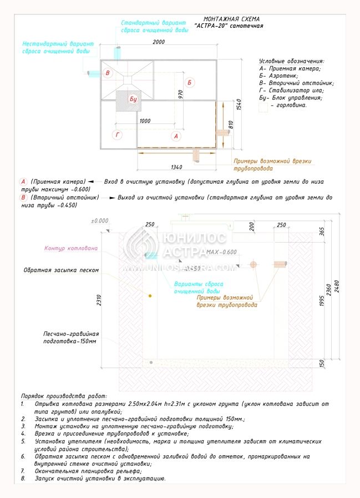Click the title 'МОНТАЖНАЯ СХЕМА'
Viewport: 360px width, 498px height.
(x=231, y=19)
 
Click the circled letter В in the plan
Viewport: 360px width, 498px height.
(x=109, y=73)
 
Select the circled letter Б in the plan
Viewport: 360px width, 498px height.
(x=190, y=83)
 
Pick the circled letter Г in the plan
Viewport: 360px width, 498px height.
(x=117, y=135)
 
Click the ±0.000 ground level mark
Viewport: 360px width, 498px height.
(x=99, y=220)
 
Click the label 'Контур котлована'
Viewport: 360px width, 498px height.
(x=71, y=248)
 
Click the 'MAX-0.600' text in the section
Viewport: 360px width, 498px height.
(x=221, y=253)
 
